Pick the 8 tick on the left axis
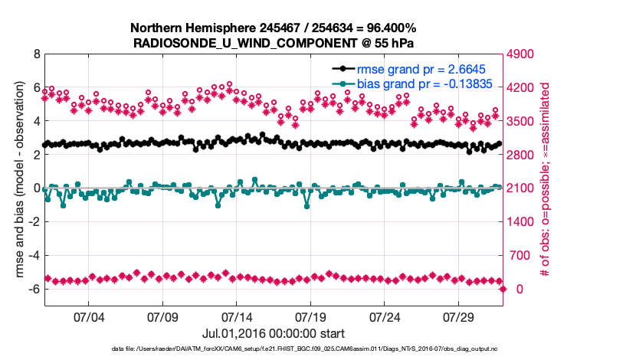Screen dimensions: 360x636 tap(36, 54)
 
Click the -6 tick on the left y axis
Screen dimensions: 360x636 tap(34, 289)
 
